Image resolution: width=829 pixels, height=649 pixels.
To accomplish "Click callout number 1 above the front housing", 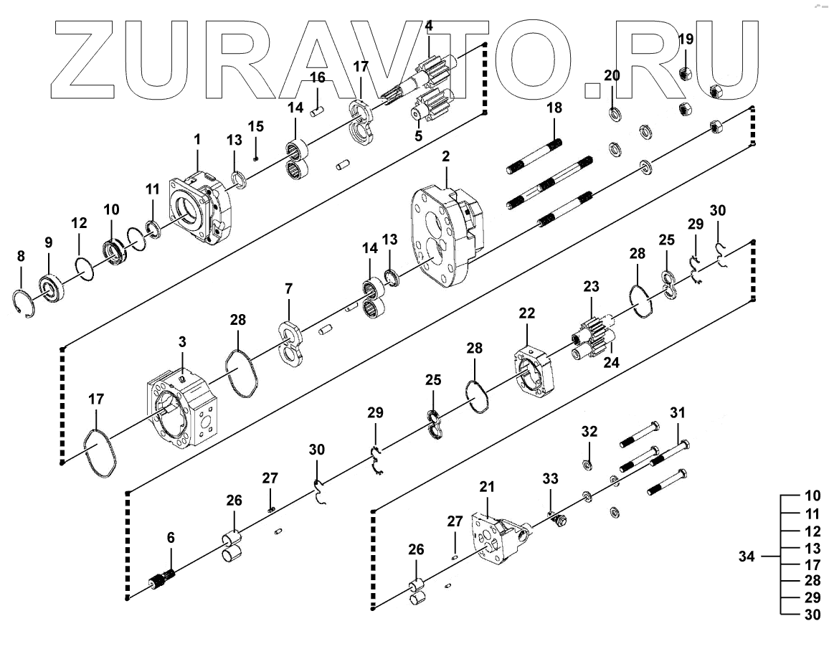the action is [197, 137].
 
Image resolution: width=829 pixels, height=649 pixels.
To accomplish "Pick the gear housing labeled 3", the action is [181, 409].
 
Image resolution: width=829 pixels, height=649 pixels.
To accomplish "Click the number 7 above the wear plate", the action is [289, 289].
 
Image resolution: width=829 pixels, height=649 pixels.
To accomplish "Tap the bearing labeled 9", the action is [52, 287].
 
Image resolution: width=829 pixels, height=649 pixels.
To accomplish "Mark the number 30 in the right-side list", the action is [813, 614].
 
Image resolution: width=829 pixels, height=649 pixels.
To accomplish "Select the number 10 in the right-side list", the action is [813, 496].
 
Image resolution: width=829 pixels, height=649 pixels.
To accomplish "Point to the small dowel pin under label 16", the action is [318, 110].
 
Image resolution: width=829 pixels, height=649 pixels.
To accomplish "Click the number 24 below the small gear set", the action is [611, 363].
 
